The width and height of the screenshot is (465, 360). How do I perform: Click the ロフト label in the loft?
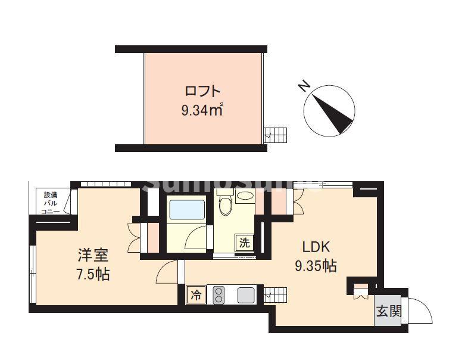click(x=202, y=91)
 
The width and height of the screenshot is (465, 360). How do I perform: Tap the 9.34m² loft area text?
click(x=202, y=110)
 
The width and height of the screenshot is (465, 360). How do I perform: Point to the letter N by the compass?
click(x=304, y=88)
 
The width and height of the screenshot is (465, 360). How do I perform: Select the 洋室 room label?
click(x=93, y=256)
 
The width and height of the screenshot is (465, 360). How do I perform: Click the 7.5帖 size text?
click(x=93, y=275)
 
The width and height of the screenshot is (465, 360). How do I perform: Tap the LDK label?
click(x=316, y=247)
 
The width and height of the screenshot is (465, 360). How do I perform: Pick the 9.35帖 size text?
click(x=316, y=266)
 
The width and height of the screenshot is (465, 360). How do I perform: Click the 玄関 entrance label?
click(x=388, y=311)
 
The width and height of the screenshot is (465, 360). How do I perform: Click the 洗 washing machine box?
click(x=244, y=242)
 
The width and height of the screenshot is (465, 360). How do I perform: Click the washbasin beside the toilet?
click(x=245, y=195)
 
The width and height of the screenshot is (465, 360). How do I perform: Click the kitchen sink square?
click(x=245, y=295)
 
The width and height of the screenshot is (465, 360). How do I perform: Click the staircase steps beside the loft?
click(x=275, y=135)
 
